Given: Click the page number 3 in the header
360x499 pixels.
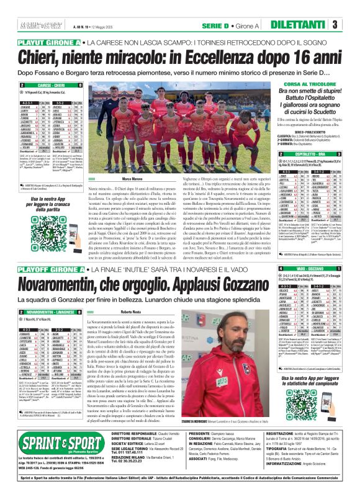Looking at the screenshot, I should [351, 25].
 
